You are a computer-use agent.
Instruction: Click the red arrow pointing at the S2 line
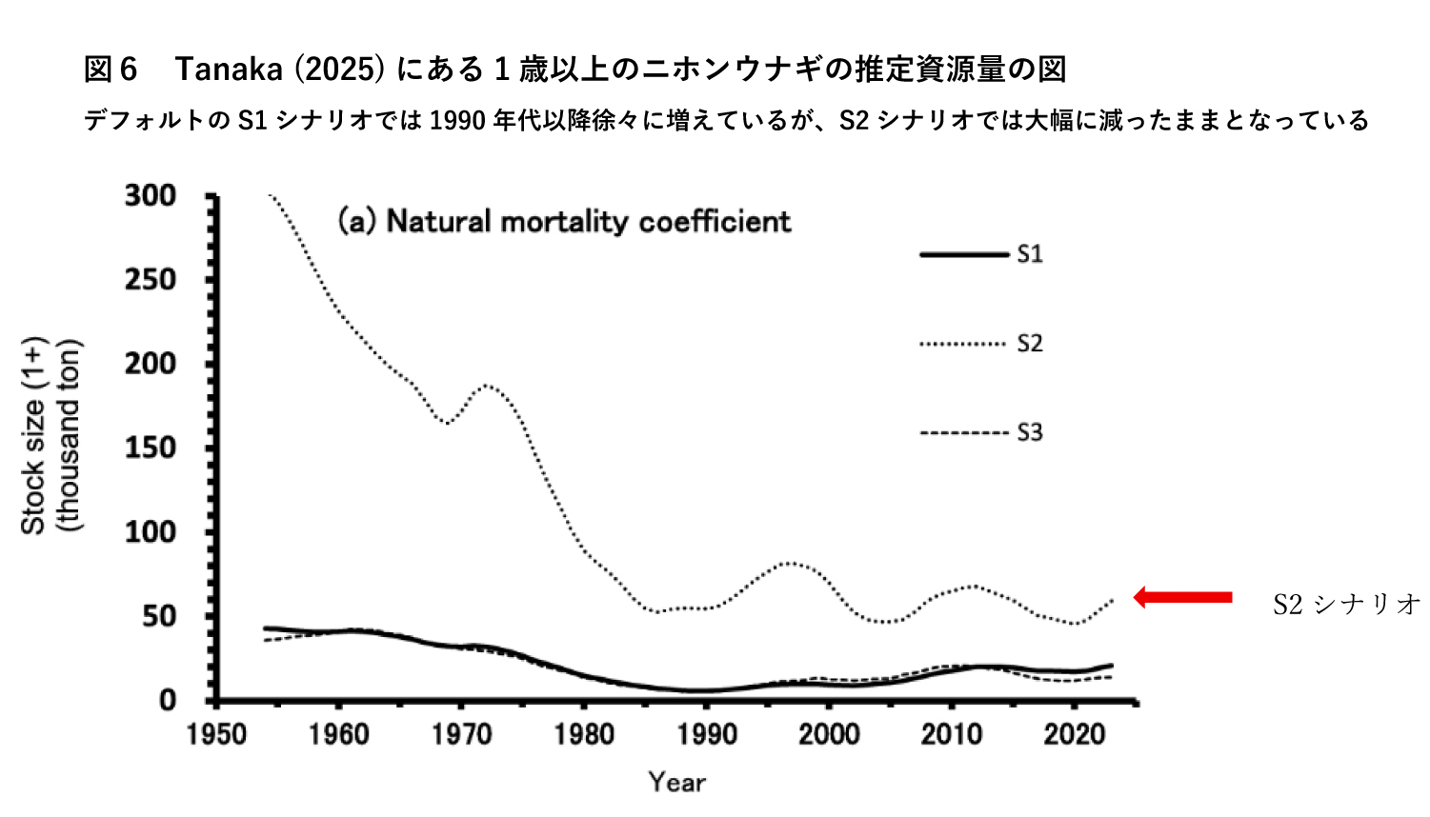pos(1182,597)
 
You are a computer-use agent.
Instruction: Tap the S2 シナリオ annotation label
pos(1346,604)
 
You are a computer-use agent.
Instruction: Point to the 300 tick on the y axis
pos(151,196)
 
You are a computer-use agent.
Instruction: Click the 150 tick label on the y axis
pos(151,448)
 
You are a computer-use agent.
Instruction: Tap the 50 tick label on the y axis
pos(159,616)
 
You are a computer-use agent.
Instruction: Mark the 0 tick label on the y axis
pos(168,700)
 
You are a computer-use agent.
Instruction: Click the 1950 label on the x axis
pos(217,734)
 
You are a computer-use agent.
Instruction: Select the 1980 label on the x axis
pos(584,734)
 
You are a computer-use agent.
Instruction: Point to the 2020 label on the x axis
pos(1074,734)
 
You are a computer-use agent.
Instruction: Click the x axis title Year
pos(676,782)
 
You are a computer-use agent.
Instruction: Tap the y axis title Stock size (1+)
pos(34,435)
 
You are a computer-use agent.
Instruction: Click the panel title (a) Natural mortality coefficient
pos(564,221)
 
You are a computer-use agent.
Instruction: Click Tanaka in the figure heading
pos(230,69)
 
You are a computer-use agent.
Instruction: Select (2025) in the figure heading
pos(338,69)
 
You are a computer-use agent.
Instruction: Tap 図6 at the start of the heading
pos(111,69)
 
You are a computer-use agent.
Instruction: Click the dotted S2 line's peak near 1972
pos(487,385)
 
